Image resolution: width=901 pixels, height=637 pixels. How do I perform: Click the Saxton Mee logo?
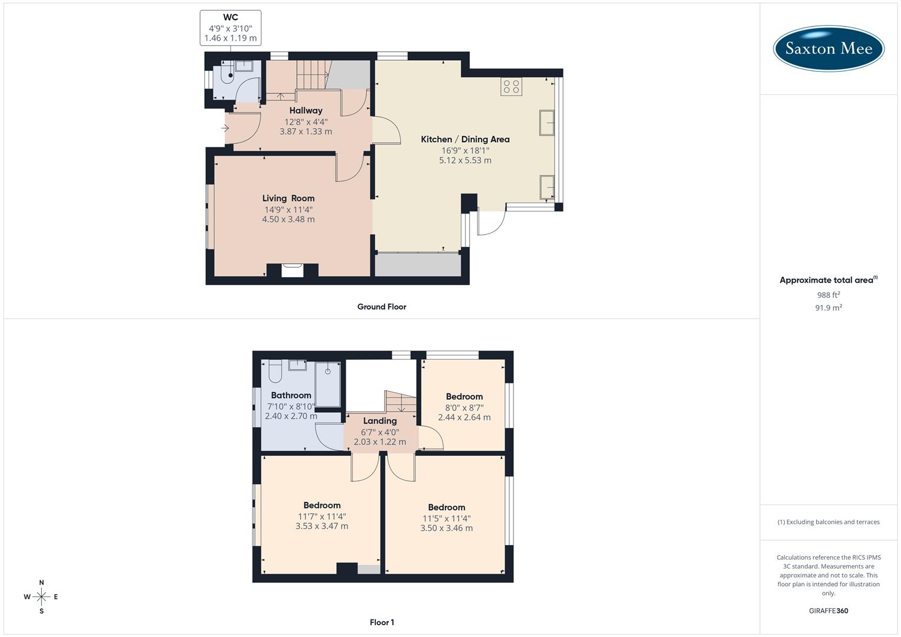(828, 48)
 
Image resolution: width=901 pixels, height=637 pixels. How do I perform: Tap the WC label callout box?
(231, 28)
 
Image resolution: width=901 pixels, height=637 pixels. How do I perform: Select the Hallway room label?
(306, 110)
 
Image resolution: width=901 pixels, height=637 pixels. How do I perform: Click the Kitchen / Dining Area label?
(465, 139)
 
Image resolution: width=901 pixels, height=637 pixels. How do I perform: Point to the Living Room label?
(288, 198)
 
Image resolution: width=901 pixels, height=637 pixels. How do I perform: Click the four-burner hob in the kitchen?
(511, 87)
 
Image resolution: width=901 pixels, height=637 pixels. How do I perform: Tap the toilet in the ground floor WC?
(227, 73)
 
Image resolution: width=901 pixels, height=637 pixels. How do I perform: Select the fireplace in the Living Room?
(292, 270)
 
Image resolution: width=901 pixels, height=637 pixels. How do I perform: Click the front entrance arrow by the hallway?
(225, 128)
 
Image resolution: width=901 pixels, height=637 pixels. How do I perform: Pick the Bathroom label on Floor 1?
(291, 395)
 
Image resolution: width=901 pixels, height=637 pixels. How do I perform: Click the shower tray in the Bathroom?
(327, 384)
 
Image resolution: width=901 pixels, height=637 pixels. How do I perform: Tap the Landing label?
(379, 421)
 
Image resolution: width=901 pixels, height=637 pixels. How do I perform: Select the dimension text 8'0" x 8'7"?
(464, 407)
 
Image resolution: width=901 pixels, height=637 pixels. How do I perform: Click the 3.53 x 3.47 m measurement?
(322, 526)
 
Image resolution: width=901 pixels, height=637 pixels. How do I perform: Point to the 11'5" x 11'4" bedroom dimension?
(447, 518)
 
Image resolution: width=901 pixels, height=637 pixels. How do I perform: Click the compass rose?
(41, 597)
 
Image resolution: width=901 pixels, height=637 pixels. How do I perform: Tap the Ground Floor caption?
(382, 307)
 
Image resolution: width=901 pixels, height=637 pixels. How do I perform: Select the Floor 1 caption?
(382, 622)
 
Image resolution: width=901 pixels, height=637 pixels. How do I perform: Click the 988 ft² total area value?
(828, 295)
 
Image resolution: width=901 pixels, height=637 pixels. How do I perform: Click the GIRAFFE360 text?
(828, 610)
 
